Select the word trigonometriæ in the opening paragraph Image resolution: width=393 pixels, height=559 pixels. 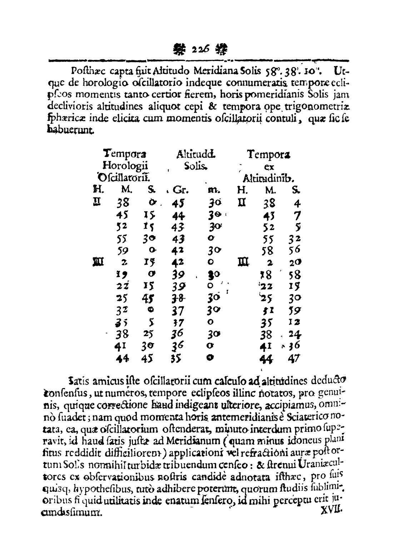(320, 106)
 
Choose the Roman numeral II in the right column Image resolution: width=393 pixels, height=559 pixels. (241, 203)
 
